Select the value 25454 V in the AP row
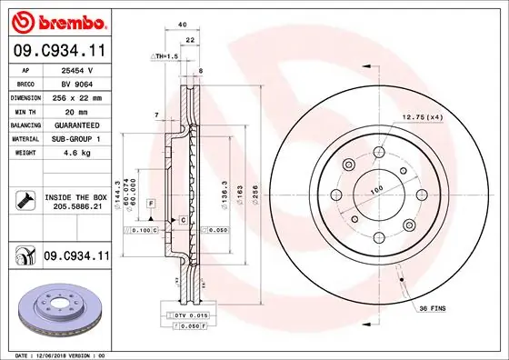tap(78, 69)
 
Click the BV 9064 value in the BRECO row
tap(78, 82)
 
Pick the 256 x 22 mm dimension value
tap(78, 95)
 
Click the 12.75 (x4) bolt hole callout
tap(423, 117)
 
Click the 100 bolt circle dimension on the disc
tap(375, 191)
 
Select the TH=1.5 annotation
tap(165, 56)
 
